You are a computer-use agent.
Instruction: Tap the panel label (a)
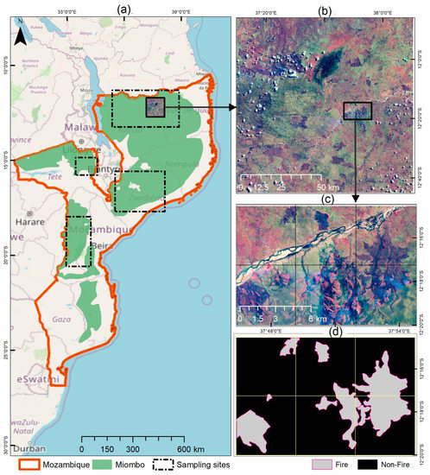(x=123, y=8)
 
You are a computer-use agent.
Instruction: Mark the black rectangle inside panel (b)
(x=357, y=110)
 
